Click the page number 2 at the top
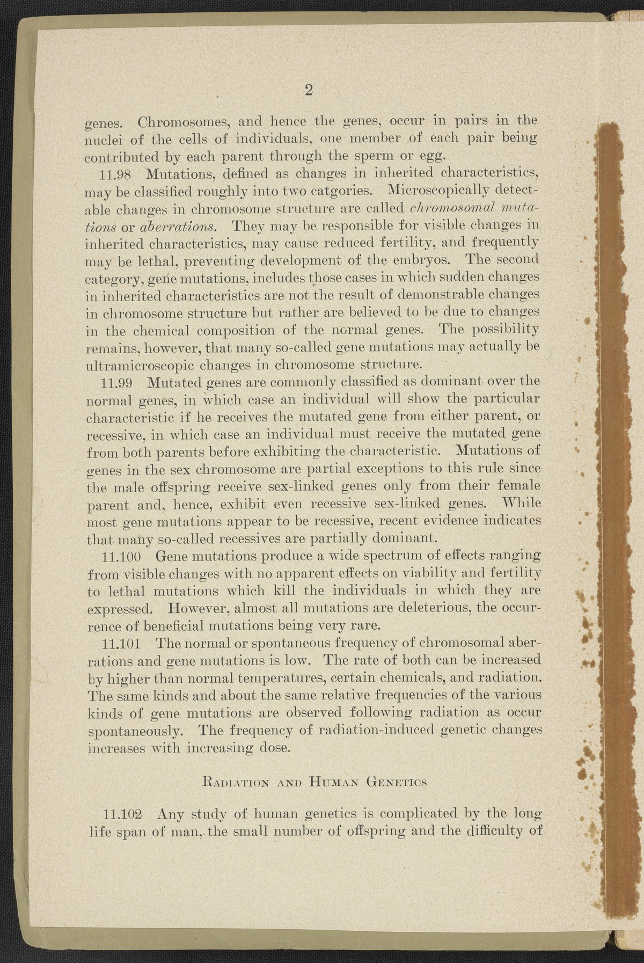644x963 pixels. pyautogui.click(x=309, y=90)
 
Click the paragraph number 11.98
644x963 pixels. pyautogui.click(x=120, y=174)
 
